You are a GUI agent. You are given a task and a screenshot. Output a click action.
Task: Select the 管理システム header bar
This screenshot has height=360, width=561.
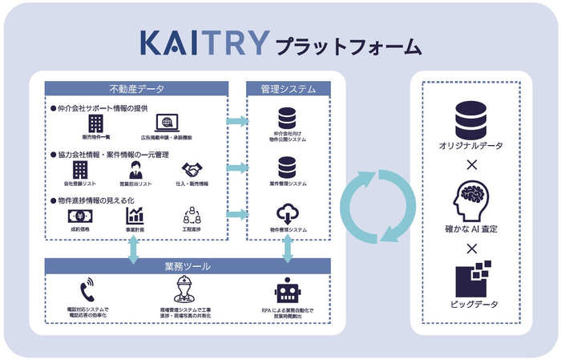288,87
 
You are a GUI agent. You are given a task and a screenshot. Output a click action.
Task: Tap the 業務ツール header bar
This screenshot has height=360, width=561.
188,265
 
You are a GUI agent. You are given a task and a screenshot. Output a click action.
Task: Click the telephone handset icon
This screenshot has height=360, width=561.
87,290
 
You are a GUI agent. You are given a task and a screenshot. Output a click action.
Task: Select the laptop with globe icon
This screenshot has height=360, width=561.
167,123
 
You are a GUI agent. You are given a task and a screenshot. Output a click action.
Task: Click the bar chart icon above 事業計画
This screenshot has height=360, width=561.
135,215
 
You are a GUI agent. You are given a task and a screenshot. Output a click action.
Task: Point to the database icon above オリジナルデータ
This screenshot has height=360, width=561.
470,119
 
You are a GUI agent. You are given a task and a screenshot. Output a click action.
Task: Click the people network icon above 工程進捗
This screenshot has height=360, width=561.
192,216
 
